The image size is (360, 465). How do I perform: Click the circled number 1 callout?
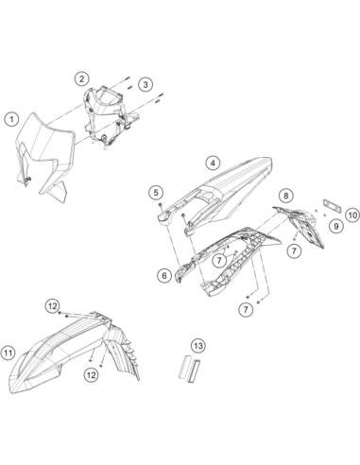(11, 119)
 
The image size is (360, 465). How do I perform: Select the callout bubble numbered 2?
(81, 78)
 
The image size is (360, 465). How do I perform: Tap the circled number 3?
(146, 84)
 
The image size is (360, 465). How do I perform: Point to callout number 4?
(213, 163)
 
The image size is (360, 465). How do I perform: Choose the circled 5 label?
(156, 192)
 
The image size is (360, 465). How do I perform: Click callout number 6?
(164, 276)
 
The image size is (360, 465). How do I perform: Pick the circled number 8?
(285, 196)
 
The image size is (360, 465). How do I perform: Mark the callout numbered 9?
(336, 226)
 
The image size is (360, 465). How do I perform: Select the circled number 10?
(352, 215)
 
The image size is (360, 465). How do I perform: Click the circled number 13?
(198, 346)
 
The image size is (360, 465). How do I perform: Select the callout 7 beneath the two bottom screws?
(246, 309)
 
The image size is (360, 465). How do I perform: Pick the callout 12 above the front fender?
(53, 305)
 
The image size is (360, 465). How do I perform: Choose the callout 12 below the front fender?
(91, 375)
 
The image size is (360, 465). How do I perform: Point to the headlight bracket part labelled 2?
(106, 115)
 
